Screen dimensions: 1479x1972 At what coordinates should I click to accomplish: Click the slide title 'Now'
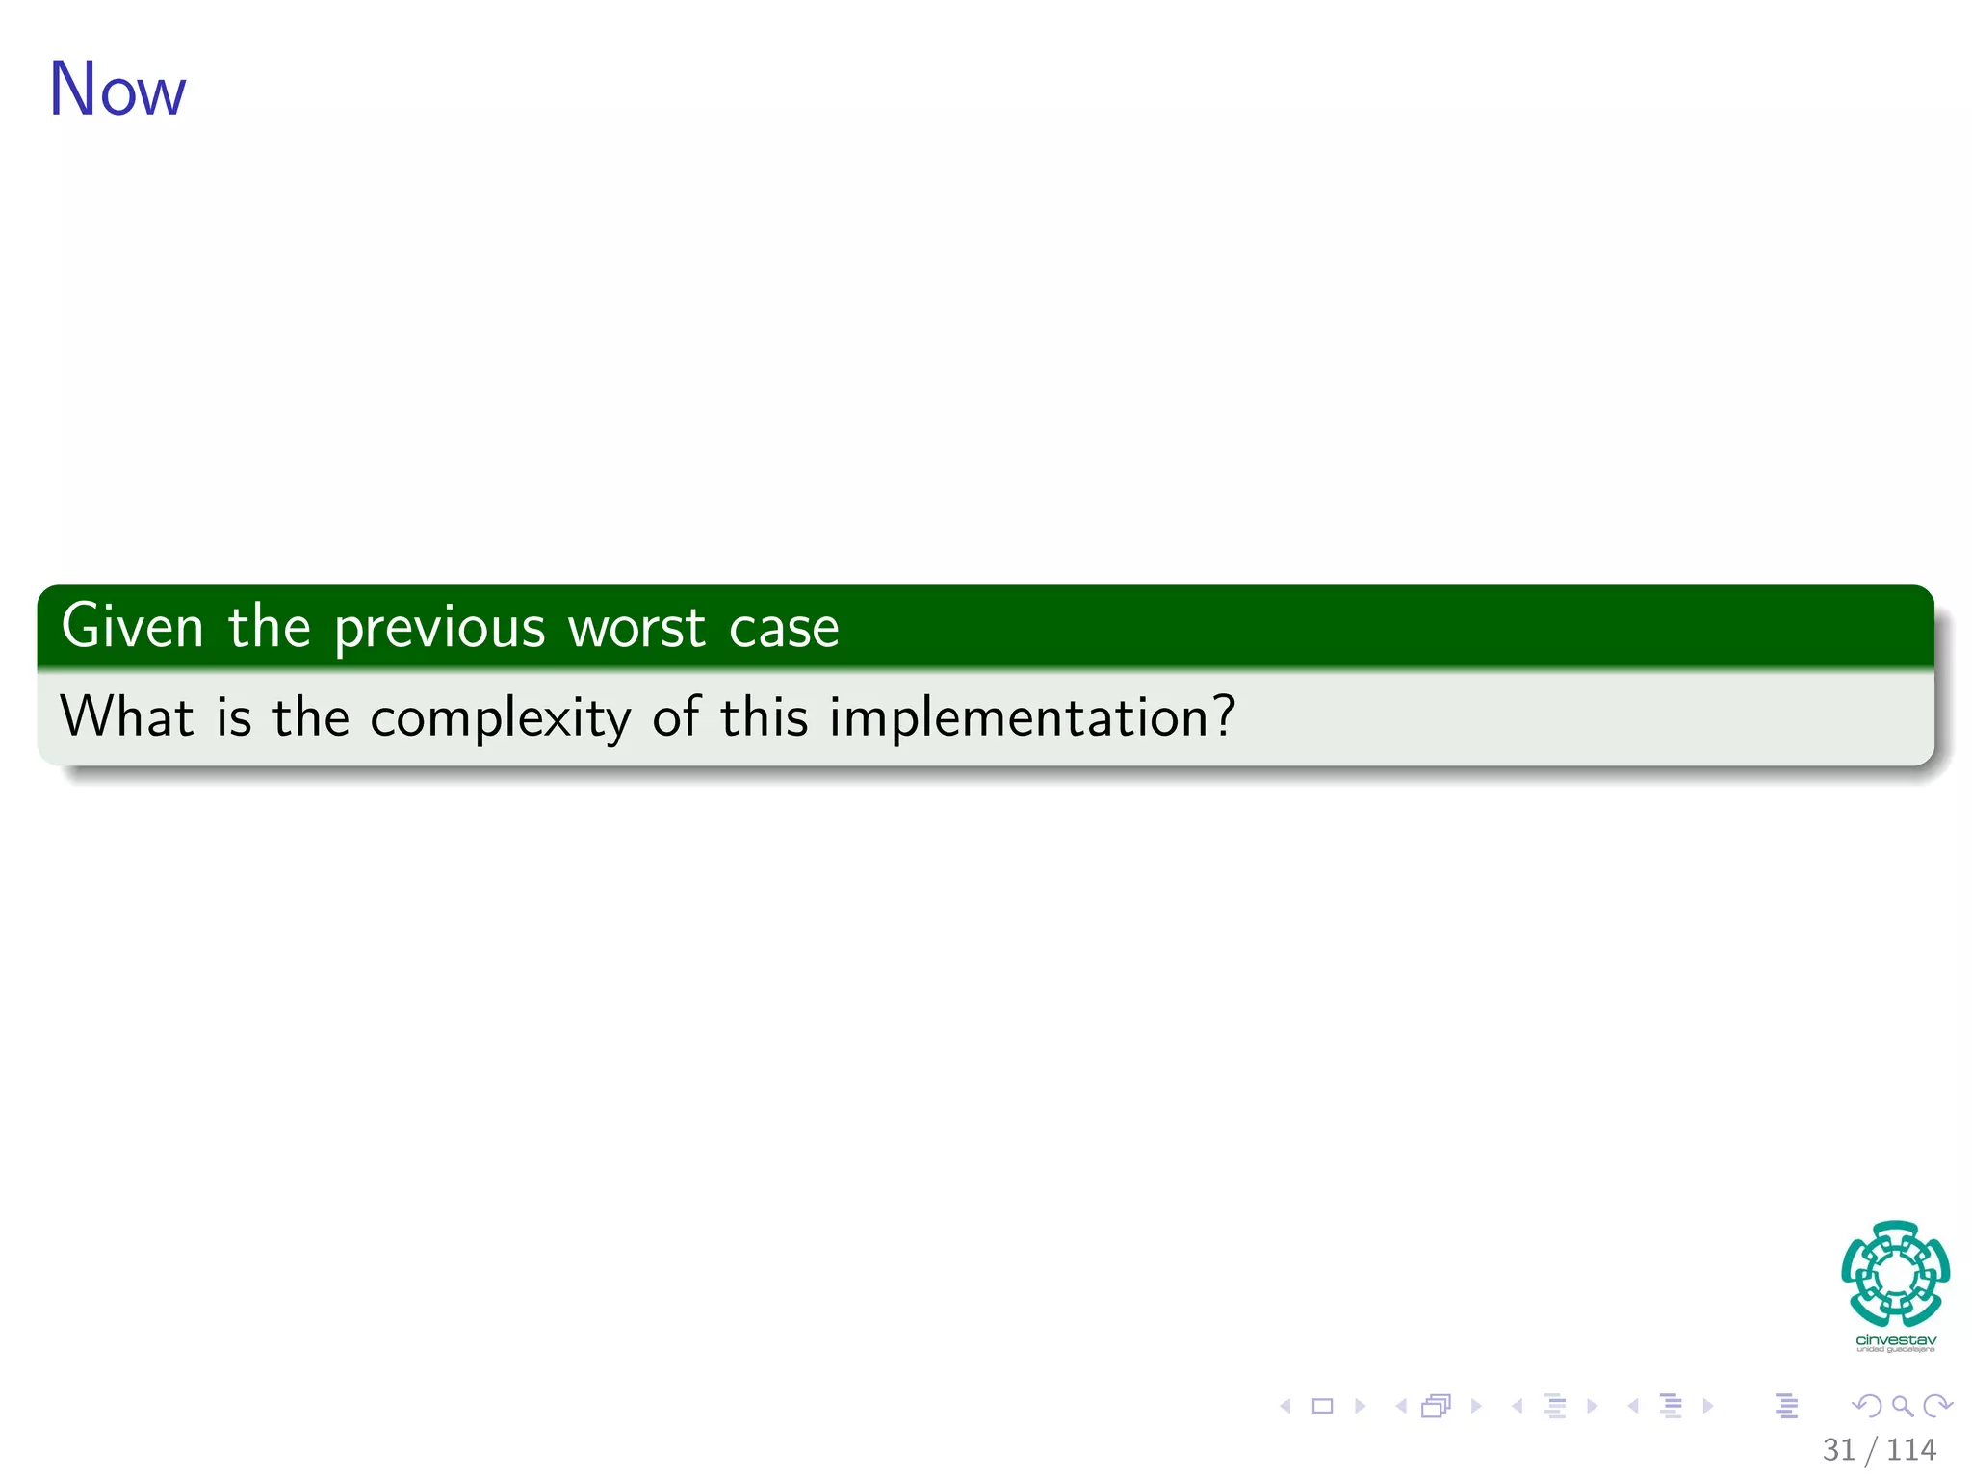[x=117, y=90]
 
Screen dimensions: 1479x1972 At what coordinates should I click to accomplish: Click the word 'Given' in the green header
[x=132, y=626]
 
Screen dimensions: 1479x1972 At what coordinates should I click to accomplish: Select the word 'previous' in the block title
[x=439, y=629]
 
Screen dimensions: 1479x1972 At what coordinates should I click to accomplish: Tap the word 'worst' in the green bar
[x=636, y=628]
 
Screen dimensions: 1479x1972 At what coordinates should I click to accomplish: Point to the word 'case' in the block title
[x=784, y=628]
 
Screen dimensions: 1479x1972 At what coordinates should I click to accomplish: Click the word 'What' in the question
[x=126, y=716]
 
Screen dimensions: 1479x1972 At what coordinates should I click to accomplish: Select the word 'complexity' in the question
[x=500, y=718]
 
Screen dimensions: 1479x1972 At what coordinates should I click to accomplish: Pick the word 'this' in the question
[x=764, y=716]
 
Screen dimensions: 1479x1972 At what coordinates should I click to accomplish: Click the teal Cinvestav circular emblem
[x=1895, y=1273]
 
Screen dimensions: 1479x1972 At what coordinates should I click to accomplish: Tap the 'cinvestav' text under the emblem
[x=1895, y=1340]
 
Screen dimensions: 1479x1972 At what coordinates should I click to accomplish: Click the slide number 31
[x=1838, y=1449]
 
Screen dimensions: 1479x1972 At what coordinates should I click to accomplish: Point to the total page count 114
[x=1911, y=1449]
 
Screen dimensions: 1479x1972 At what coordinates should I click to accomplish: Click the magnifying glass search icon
[x=1902, y=1406]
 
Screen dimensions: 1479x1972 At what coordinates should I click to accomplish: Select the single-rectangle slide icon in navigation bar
[x=1322, y=1406]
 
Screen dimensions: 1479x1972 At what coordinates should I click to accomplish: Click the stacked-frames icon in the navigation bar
[x=1436, y=1406]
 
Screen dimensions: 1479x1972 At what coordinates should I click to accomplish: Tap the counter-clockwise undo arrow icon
[x=1866, y=1406]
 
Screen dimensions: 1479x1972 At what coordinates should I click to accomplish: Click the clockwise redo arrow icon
[x=1936, y=1406]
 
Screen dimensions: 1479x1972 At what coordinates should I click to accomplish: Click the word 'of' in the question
[x=675, y=716]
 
